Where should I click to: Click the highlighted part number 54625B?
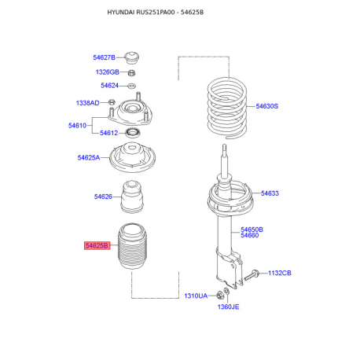click(x=97, y=246)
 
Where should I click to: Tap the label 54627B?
click(x=104, y=57)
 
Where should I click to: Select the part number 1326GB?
click(x=108, y=72)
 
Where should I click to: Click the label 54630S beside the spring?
click(x=267, y=106)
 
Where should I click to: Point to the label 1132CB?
click(x=280, y=273)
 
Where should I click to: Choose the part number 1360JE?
click(x=228, y=307)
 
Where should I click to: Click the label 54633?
click(x=270, y=193)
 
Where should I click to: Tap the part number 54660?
click(x=250, y=235)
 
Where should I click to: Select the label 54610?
click(x=77, y=126)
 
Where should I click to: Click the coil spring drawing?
click(x=227, y=108)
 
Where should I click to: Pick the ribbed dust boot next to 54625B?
click(x=133, y=246)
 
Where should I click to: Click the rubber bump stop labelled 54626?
click(x=132, y=197)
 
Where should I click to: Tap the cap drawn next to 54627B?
click(x=132, y=57)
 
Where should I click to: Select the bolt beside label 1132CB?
click(x=252, y=275)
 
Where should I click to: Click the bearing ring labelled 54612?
click(x=133, y=133)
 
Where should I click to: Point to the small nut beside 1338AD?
click(x=112, y=101)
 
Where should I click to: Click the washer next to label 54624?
click(x=131, y=86)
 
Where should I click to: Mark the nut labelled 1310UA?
click(x=219, y=295)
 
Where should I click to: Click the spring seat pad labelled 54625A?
click(x=132, y=157)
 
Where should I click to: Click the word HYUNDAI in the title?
click(x=121, y=13)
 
